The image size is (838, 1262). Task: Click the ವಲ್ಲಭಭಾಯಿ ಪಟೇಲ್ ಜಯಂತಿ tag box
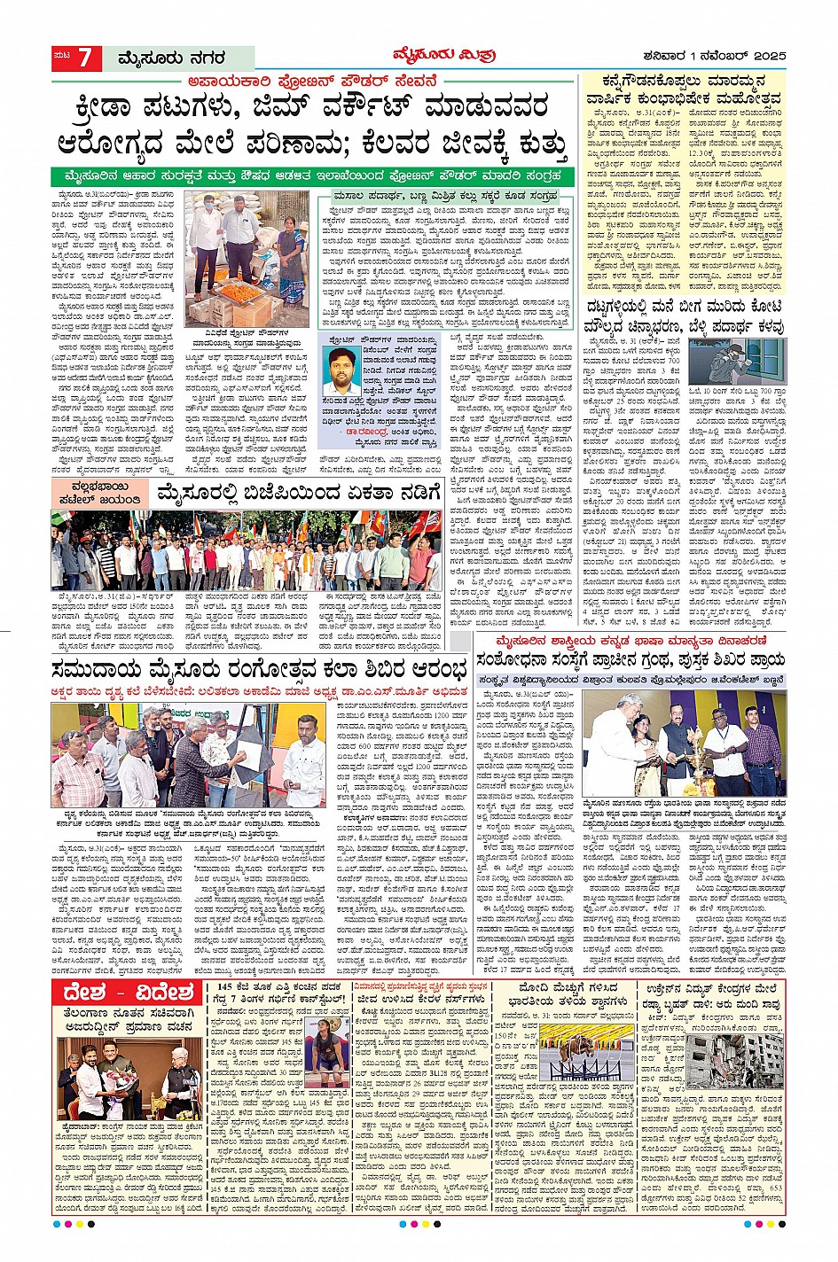pos(106,494)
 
